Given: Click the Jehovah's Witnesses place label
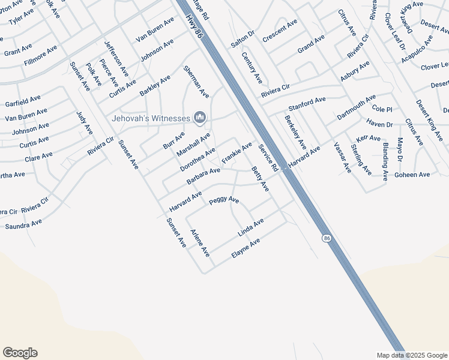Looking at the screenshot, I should click(150, 118).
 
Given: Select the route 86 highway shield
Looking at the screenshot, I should click(326, 238).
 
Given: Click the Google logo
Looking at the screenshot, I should click(20, 353).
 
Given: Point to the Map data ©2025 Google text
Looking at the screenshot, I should click(412, 355).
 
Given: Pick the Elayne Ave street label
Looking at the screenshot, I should click(246, 248).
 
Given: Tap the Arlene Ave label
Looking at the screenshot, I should click(199, 244).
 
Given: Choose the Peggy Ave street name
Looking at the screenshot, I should click(224, 200).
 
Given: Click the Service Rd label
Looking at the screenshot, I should click(268, 156).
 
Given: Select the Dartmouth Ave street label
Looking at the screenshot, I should click(356, 106).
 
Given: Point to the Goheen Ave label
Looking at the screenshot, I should click(412, 175).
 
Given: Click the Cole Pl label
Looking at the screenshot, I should click(382, 109).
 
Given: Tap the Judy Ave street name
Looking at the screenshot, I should click(85, 122).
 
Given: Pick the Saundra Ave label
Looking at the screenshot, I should click(23, 225).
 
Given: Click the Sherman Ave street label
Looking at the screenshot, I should click(196, 82).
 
